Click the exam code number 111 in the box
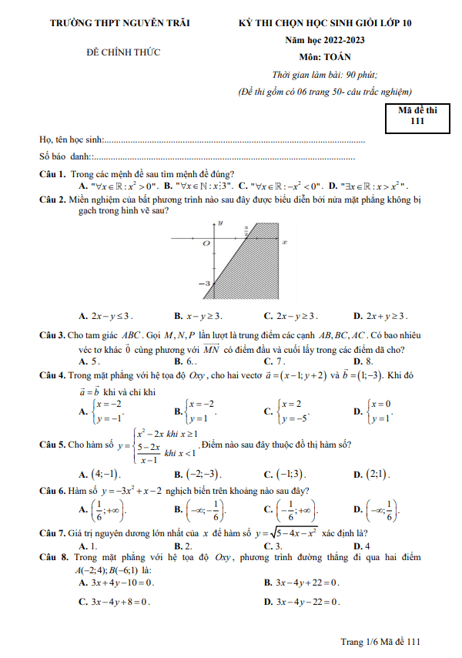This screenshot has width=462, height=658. pyautogui.click(x=417, y=120)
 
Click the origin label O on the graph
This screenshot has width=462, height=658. pyautogui.click(x=206, y=243)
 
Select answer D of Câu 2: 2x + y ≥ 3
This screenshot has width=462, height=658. pyautogui.click(x=382, y=316)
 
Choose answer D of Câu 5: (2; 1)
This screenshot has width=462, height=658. pyautogui.click(x=373, y=474)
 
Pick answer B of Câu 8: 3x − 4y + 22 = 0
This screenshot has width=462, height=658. pyautogui.click(x=305, y=582)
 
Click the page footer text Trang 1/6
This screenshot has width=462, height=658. pyautogui.click(x=361, y=641)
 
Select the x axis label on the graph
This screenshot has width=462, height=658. pyautogui.click(x=284, y=242)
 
